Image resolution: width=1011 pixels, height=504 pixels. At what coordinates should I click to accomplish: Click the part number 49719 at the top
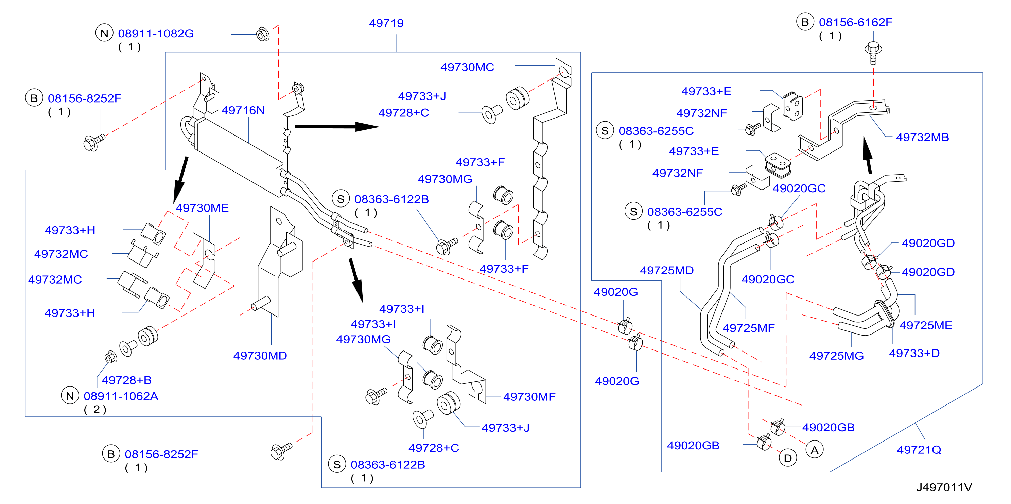tap(386, 23)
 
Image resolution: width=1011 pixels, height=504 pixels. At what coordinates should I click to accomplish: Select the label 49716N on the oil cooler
tap(243, 110)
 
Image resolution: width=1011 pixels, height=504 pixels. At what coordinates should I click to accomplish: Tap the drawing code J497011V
tap(944, 487)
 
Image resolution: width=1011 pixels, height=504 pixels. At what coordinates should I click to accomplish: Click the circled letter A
tap(814, 450)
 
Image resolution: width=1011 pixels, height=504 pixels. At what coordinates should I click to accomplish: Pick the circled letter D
tap(788, 458)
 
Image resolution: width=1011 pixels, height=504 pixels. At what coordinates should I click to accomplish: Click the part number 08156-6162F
tap(855, 22)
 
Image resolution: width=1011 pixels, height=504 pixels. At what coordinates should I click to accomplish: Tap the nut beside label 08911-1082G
tap(263, 34)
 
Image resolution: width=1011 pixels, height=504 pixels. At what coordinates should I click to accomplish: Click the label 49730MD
tap(260, 355)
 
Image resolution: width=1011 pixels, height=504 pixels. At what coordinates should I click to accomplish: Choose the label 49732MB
tap(922, 137)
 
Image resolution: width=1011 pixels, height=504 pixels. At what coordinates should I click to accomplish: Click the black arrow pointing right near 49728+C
tap(336, 127)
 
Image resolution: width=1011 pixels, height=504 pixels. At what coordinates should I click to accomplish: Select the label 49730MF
tap(529, 397)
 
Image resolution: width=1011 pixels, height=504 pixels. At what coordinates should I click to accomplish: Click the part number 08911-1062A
tap(121, 396)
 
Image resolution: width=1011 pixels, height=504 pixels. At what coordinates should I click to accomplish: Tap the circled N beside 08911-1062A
tap(70, 396)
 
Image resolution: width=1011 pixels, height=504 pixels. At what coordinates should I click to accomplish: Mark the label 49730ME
tap(202, 208)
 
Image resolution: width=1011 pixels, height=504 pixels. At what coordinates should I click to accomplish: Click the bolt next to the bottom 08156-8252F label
tap(281, 451)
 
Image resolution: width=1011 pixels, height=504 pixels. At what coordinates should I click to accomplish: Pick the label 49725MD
tap(667, 270)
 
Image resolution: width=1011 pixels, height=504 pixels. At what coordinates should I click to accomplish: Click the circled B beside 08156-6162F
tap(805, 22)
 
